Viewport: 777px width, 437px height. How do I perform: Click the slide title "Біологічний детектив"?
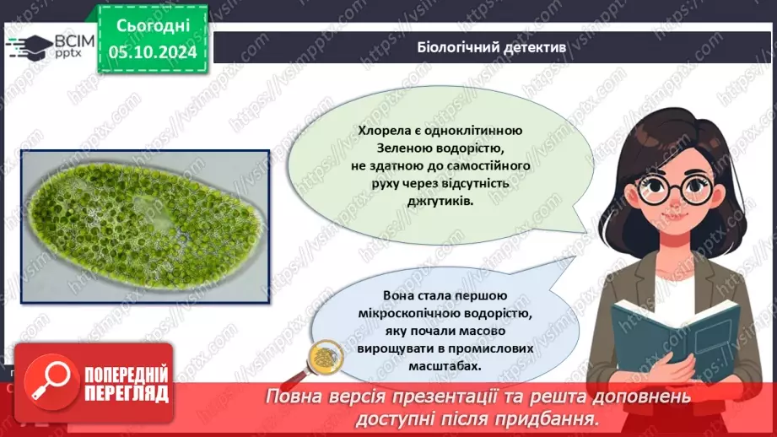point(492,46)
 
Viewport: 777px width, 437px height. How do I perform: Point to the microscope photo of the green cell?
point(146,226)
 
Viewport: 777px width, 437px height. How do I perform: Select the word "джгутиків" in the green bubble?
point(440,202)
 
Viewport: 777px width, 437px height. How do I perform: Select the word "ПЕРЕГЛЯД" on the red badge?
point(126,393)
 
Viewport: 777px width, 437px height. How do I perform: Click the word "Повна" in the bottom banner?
point(295,397)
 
